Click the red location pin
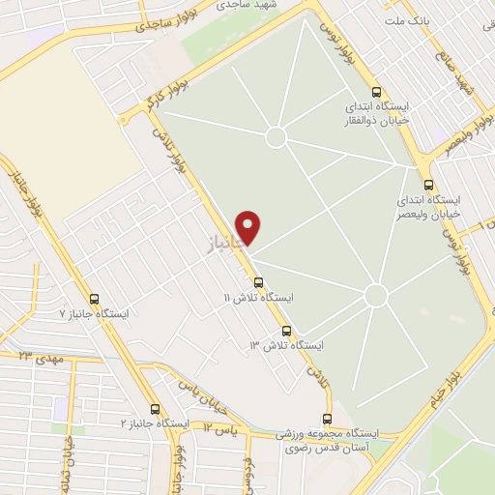coord(249,226)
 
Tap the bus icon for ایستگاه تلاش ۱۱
coord(258,281)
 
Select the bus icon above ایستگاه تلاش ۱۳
coord(286,331)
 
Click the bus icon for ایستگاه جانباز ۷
coord(94,300)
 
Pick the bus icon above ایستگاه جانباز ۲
coord(155,409)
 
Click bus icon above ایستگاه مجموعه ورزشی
coord(327,419)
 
